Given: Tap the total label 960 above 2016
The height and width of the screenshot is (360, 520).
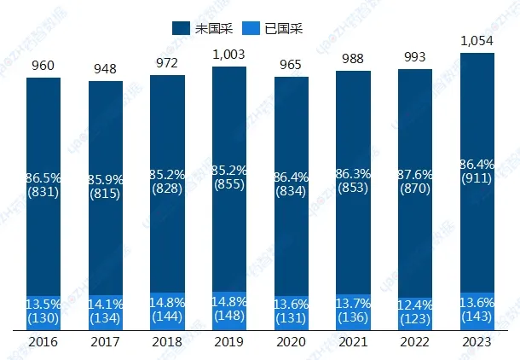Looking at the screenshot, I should click(43, 65).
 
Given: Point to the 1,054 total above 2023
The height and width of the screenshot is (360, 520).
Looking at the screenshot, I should click(477, 40).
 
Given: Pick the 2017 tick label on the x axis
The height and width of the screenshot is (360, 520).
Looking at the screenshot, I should click(106, 341).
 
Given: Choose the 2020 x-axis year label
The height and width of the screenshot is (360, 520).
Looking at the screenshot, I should click(291, 341).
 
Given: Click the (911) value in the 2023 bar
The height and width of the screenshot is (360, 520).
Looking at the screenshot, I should click(477, 180).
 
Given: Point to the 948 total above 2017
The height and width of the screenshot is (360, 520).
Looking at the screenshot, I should click(106, 68).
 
